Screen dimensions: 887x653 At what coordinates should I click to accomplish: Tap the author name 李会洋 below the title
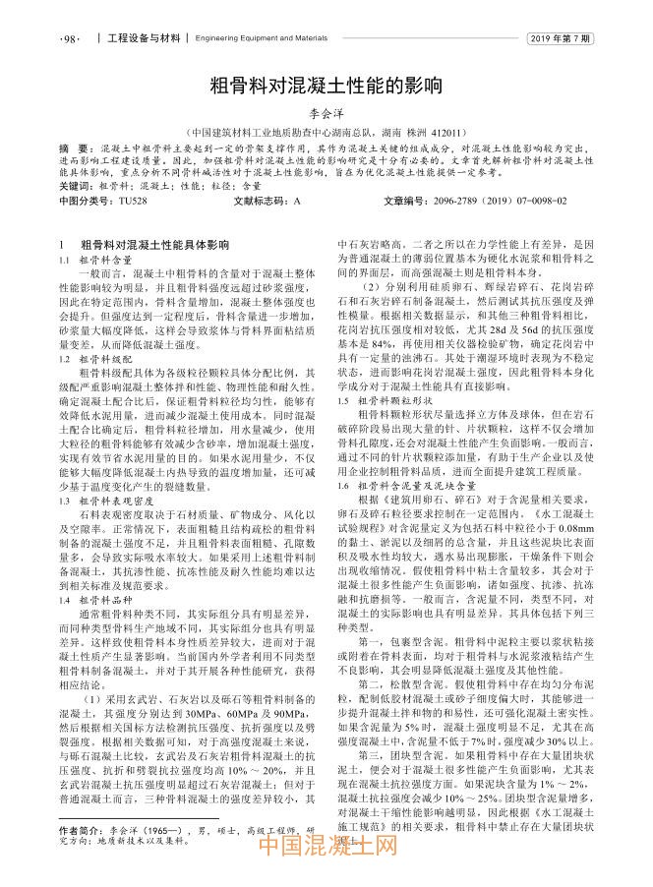tap(327, 113)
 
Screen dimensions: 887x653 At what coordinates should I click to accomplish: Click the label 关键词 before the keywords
tap(77, 185)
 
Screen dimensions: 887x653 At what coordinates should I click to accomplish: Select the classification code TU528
tap(132, 201)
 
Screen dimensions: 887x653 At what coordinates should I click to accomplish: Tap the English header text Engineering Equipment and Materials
tap(262, 39)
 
